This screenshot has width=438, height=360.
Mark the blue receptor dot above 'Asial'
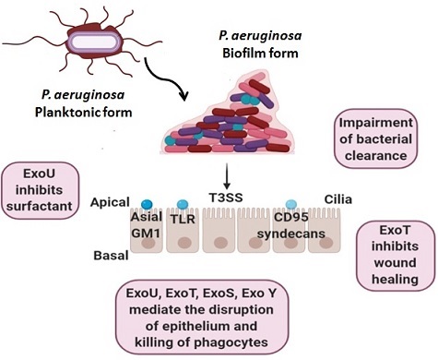[x=146, y=204]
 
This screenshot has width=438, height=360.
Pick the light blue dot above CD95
[x=290, y=203]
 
